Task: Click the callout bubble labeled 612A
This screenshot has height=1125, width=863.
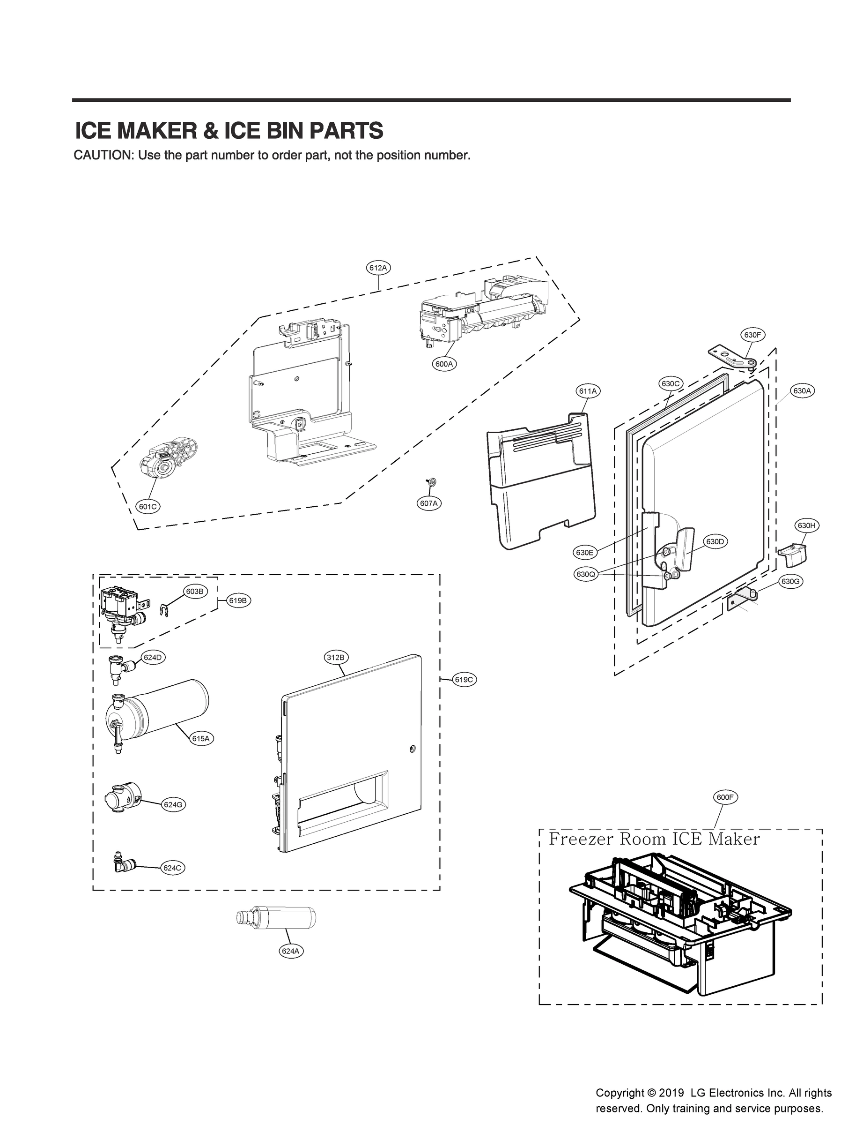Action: pos(379,267)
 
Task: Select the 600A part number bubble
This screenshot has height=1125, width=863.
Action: pos(444,364)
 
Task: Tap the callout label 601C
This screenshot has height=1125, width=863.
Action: pos(148,506)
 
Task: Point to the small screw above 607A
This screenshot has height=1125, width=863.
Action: pos(431,482)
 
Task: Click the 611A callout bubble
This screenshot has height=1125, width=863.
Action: pos(588,391)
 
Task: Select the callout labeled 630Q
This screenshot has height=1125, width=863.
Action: pos(586,574)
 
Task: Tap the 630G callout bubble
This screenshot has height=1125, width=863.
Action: pos(790,582)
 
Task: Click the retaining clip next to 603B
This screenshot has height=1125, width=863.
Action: pos(165,610)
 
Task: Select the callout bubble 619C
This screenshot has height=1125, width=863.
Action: pos(464,680)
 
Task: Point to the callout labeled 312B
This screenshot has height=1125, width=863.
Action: pos(337,657)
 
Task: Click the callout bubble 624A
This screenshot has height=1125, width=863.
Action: pos(290,951)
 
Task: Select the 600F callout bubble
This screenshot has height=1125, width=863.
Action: pos(725,797)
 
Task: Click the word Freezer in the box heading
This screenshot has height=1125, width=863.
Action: pos(581,840)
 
